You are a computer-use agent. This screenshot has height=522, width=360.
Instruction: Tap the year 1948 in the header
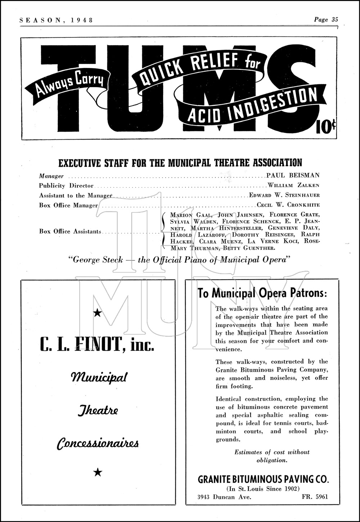(x=82, y=20)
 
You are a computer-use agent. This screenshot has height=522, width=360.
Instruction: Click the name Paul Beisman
(x=293, y=176)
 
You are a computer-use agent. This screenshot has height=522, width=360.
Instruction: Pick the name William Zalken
(x=293, y=186)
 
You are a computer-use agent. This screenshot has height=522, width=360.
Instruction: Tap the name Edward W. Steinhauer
(x=284, y=195)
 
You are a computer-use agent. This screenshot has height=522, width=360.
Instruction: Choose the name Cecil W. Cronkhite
(x=288, y=205)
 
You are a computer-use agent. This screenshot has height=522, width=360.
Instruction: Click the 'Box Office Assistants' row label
(x=70, y=231)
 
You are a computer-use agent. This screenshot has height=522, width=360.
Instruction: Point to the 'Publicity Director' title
(x=66, y=186)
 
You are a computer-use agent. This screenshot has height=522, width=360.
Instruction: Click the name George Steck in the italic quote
(x=98, y=259)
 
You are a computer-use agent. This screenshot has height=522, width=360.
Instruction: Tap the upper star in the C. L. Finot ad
(x=97, y=313)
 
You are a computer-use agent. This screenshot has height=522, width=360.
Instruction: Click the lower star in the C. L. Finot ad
(x=98, y=472)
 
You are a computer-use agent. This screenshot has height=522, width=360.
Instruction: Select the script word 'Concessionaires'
(x=98, y=443)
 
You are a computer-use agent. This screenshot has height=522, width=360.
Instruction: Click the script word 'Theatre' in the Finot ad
(x=98, y=410)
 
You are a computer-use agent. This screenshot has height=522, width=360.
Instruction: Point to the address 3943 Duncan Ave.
(x=224, y=497)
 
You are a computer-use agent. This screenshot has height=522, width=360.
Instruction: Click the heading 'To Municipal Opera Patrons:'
(x=262, y=293)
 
